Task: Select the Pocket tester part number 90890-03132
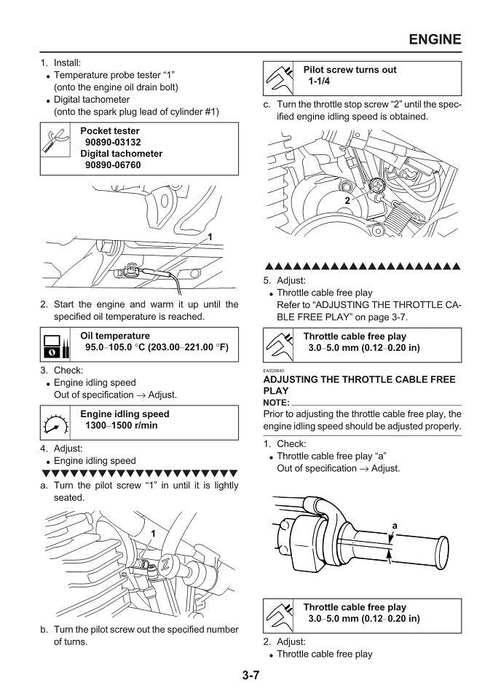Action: point(113,143)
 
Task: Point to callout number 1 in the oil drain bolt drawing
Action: point(210,237)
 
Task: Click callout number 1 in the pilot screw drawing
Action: point(154,534)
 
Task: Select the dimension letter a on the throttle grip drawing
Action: point(394,525)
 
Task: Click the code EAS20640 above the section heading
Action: point(274,371)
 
